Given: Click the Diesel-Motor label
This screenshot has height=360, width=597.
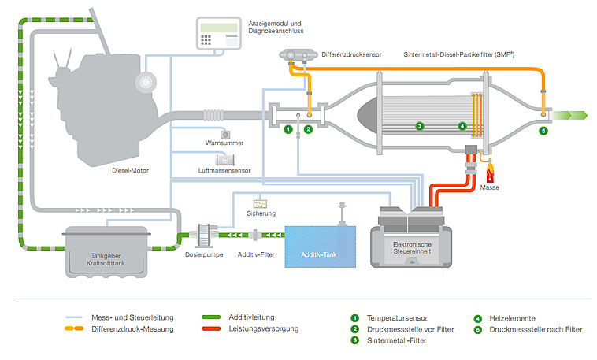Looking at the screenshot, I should [x=130, y=169].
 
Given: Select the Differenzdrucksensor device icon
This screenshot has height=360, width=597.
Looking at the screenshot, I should [x=297, y=56].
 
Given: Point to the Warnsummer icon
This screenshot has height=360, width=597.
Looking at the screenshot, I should [x=225, y=134].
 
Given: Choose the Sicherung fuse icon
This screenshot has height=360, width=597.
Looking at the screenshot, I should [x=260, y=202].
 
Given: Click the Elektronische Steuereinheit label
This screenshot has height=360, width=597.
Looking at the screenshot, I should [x=412, y=250].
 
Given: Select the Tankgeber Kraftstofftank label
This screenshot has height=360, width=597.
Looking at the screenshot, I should [x=102, y=260].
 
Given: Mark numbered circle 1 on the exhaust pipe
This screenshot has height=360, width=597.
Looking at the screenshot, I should [x=288, y=129].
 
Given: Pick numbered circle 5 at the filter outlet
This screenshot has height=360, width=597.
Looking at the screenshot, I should [x=543, y=131].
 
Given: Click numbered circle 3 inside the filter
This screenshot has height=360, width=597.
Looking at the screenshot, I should [x=420, y=126].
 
